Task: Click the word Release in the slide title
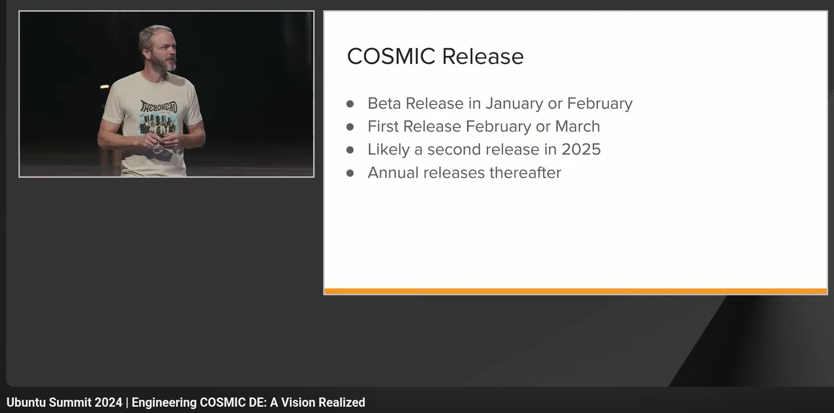[483, 56]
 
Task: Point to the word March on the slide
[578, 126]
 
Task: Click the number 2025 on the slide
[581, 149]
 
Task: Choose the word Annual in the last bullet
[393, 172]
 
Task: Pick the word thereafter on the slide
[525, 172]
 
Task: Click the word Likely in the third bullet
[389, 150]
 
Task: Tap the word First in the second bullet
[383, 126]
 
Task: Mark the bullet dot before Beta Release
[350, 104]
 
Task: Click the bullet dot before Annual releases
[350, 173]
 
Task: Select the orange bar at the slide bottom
[576, 291]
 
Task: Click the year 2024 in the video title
[108, 402]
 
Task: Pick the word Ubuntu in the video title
[26, 402]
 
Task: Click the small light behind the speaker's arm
[105, 86]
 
